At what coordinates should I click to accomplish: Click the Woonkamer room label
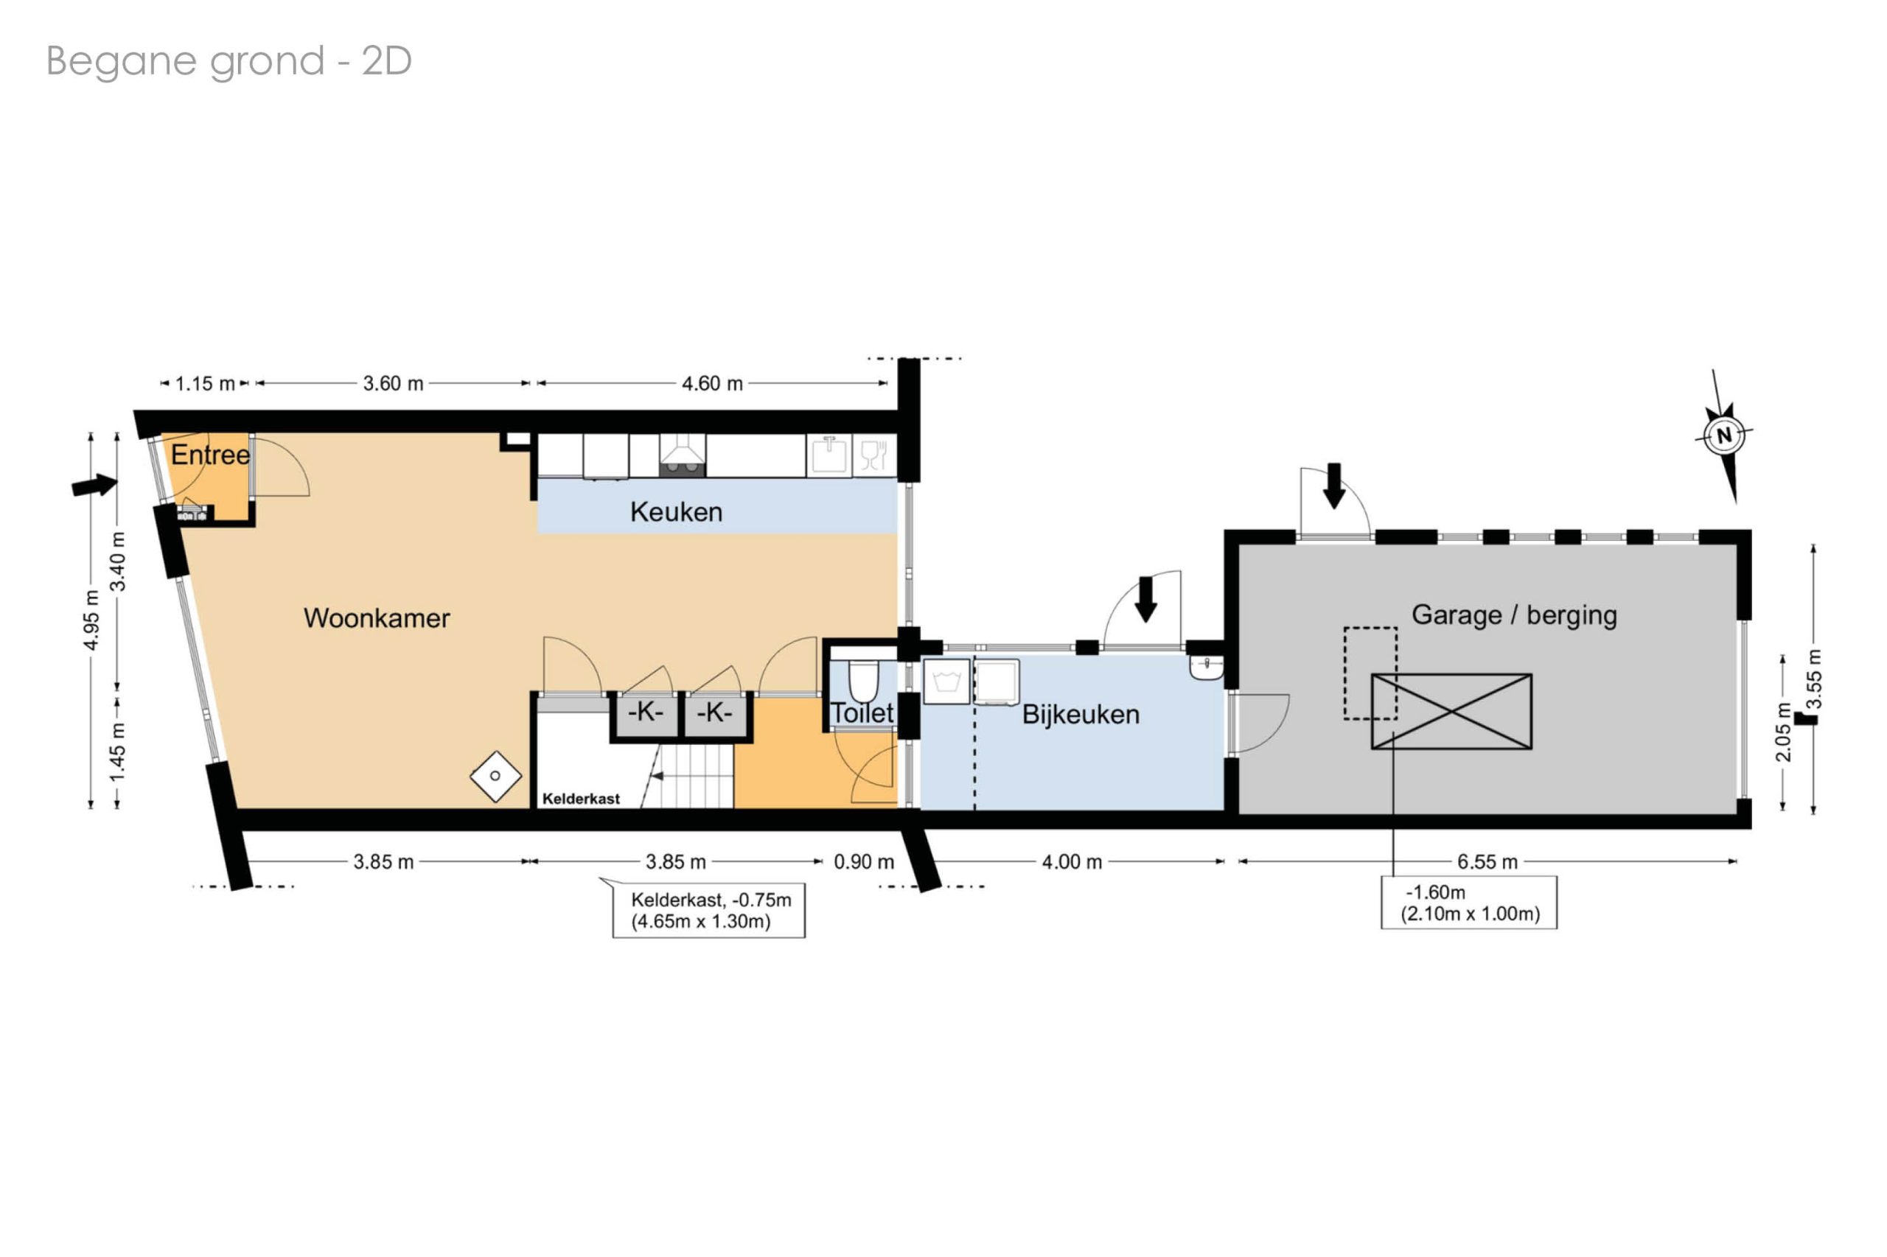pos(376,618)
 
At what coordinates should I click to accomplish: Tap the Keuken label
pos(676,511)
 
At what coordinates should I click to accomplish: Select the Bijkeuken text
pos(1080,714)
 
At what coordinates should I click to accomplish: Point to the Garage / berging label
pos(1514,615)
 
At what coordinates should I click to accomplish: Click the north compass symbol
pos(1723,436)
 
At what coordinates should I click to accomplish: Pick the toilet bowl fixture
pos(863,680)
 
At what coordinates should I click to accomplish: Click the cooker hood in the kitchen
pos(682,455)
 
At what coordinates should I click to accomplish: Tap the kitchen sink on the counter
pos(829,456)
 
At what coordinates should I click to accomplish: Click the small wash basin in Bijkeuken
pos(1206,667)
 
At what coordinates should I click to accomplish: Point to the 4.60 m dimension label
pos(712,384)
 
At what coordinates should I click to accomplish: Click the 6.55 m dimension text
pos(1487,862)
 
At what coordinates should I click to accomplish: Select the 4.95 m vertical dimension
pos(92,620)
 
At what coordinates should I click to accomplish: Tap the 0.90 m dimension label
pos(864,862)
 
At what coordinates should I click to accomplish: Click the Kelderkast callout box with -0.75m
pos(709,910)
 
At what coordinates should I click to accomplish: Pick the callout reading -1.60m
pos(1468,903)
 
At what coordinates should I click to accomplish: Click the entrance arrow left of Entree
pos(94,485)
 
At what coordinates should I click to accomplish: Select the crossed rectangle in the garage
pos(1451,712)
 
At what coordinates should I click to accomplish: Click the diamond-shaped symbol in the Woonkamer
pos(495,776)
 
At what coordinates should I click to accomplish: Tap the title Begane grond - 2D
pos(229,62)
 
